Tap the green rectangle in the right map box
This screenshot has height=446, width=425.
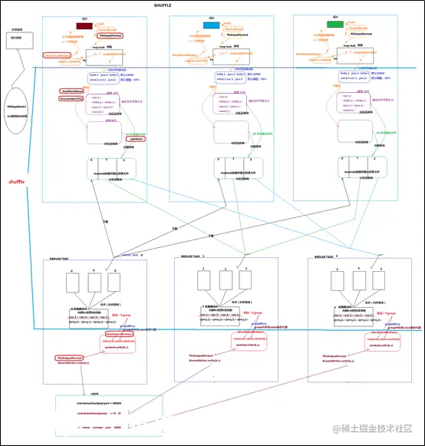click(x=335, y=25)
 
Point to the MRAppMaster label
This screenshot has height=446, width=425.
click(x=17, y=106)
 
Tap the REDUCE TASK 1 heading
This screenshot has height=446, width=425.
click(x=193, y=256)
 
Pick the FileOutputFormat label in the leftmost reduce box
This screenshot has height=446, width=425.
click(x=70, y=357)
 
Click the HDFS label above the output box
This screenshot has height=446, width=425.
click(x=95, y=393)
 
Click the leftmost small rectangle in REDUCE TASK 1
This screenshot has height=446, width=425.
click(x=203, y=283)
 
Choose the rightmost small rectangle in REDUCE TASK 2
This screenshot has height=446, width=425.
click(x=378, y=283)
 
